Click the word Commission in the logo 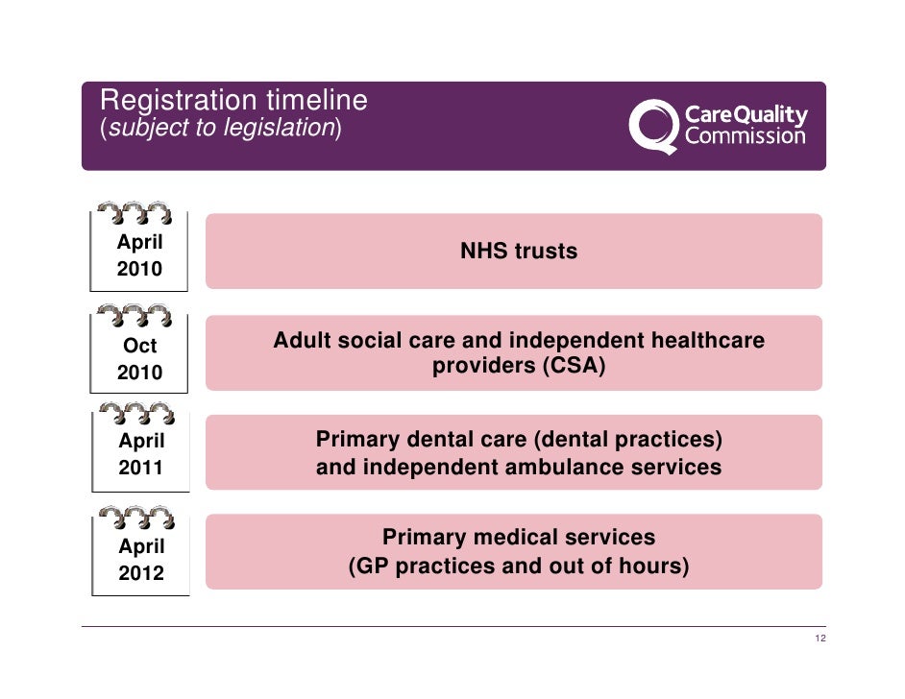(746, 136)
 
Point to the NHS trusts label (519, 252)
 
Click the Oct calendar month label (140, 347)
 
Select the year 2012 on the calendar (140, 574)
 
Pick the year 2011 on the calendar (140, 470)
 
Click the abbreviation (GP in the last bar (369, 566)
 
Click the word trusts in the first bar (546, 252)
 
